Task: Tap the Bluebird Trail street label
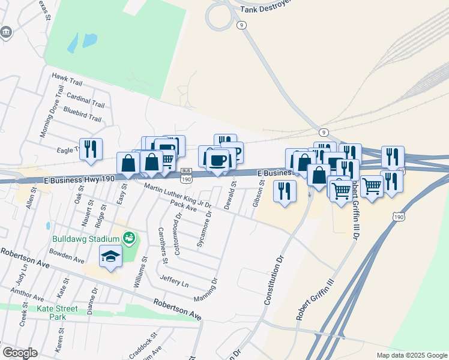[82, 115]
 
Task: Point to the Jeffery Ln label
[174, 280]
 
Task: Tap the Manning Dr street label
[205, 291]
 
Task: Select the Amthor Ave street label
[27, 294]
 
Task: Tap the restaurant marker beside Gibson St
[284, 191]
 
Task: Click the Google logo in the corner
[20, 352]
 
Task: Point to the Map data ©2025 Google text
[411, 355]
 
